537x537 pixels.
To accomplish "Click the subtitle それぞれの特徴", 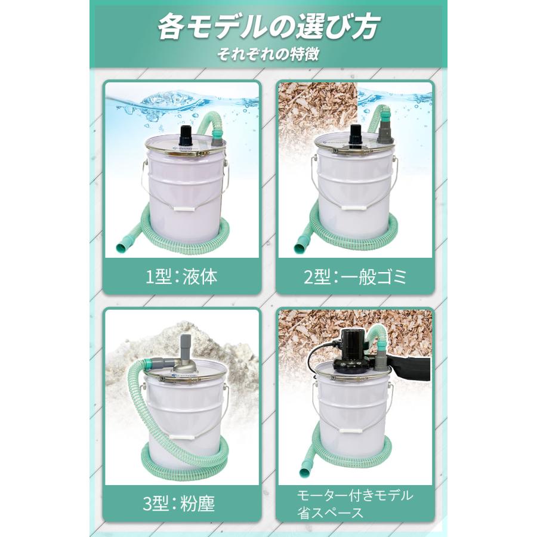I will pos(268,53).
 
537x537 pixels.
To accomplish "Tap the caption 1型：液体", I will pos(182,277).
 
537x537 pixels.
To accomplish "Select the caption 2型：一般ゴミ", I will pos(356,277).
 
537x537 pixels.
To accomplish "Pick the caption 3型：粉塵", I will pos(182,502).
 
